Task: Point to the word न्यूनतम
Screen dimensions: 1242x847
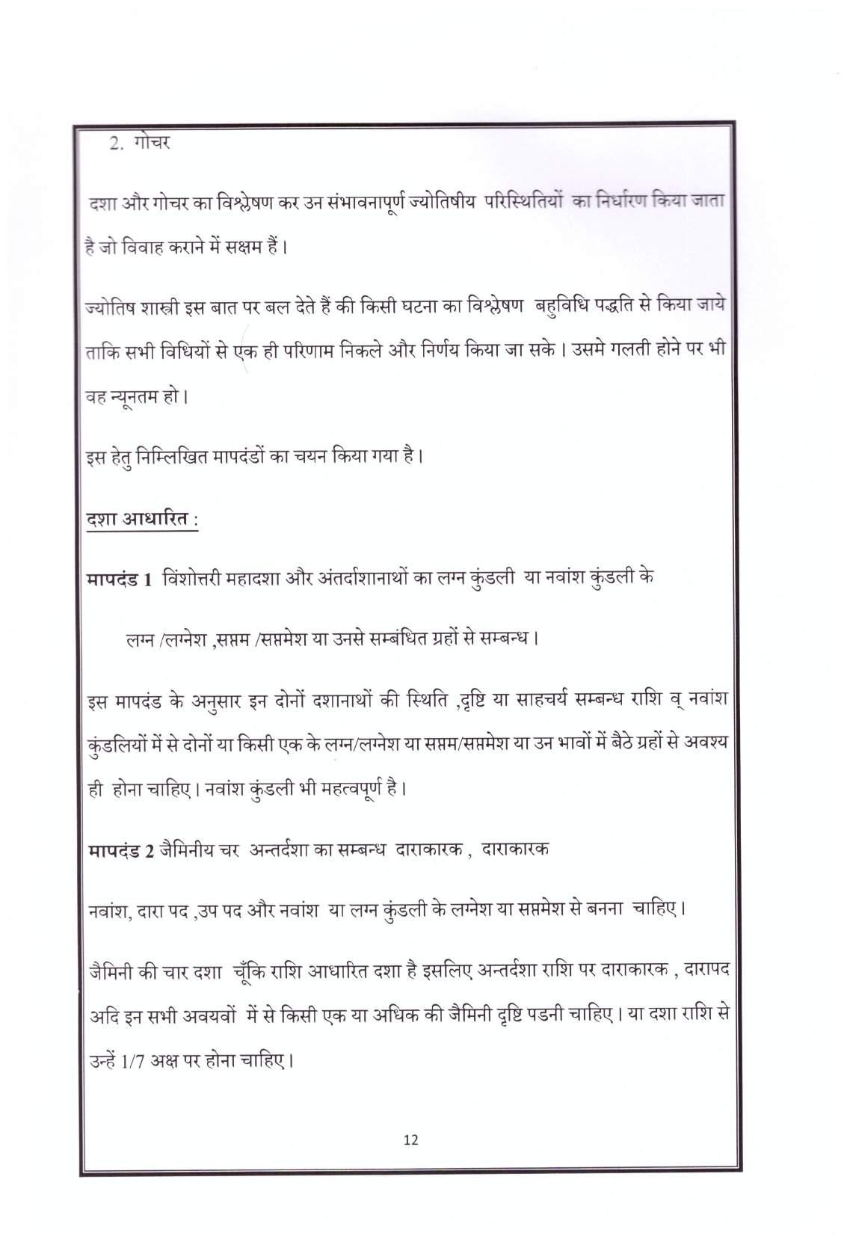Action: (x=139, y=395)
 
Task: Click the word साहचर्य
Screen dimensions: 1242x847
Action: (x=533, y=701)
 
